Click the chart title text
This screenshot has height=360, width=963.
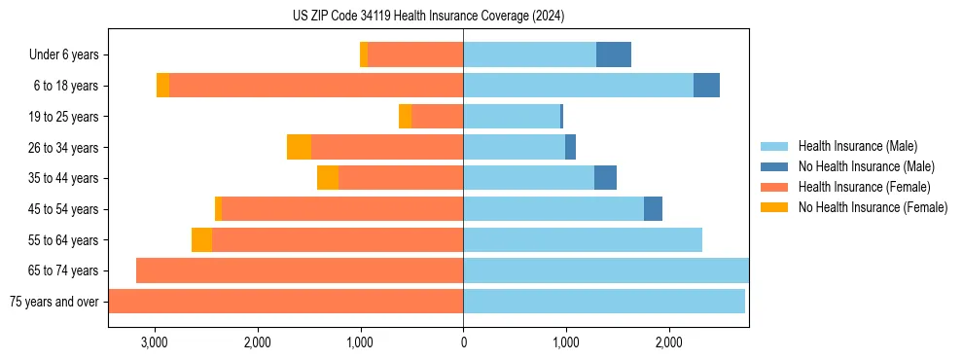tap(428, 17)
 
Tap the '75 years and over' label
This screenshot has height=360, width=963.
tap(54, 302)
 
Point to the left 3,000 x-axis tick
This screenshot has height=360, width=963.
tap(155, 342)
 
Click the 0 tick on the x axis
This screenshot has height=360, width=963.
tap(463, 342)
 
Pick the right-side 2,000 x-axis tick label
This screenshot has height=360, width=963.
tap(668, 342)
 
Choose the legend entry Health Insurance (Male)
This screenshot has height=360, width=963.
tap(857, 146)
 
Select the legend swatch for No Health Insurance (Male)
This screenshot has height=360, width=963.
tap(775, 166)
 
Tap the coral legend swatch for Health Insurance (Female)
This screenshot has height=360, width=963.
tap(775, 187)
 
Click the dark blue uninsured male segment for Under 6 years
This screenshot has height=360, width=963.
tap(614, 55)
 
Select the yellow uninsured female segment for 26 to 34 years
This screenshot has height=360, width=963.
tap(299, 147)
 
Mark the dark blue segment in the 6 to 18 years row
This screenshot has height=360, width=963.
tap(706, 86)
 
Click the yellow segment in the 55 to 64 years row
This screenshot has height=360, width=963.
tap(201, 239)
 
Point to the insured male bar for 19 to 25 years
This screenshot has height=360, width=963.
tap(512, 117)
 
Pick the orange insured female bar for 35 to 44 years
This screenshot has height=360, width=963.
tap(401, 178)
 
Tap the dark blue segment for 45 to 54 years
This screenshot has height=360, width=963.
tap(653, 208)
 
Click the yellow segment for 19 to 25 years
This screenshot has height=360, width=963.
tap(405, 117)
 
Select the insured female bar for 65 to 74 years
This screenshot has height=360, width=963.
tap(300, 270)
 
